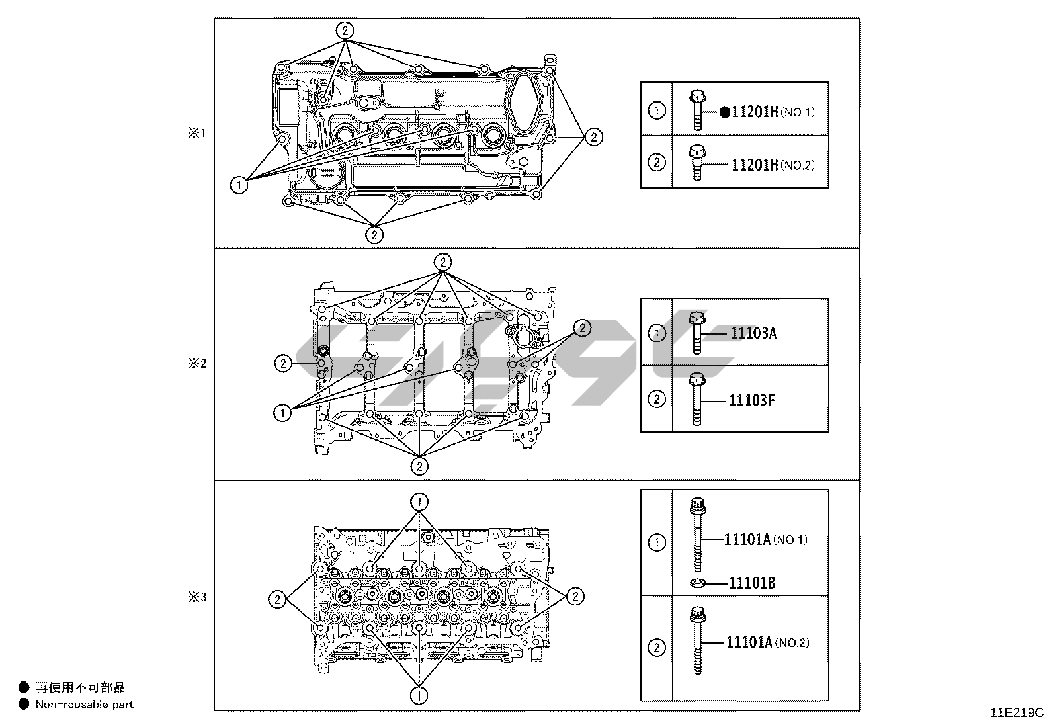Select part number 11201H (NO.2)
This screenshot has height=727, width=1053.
772,165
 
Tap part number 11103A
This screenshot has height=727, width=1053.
753,333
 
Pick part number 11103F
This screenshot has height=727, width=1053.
752,400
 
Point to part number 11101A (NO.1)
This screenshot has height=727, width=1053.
765,540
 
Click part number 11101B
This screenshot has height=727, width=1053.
752,583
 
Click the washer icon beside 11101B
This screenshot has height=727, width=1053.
696,583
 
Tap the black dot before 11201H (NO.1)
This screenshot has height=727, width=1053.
725,112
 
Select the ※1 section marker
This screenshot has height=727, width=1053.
197,133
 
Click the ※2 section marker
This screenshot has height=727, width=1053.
197,363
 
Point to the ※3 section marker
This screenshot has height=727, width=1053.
197,598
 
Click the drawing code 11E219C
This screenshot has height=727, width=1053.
1017,713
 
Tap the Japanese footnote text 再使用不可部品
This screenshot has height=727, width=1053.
80,688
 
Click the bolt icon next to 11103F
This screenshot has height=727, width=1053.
696,399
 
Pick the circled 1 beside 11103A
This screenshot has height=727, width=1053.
657,333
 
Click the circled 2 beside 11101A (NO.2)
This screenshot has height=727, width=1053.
657,648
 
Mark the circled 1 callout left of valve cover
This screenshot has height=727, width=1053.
239,185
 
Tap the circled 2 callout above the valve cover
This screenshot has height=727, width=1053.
345,30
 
